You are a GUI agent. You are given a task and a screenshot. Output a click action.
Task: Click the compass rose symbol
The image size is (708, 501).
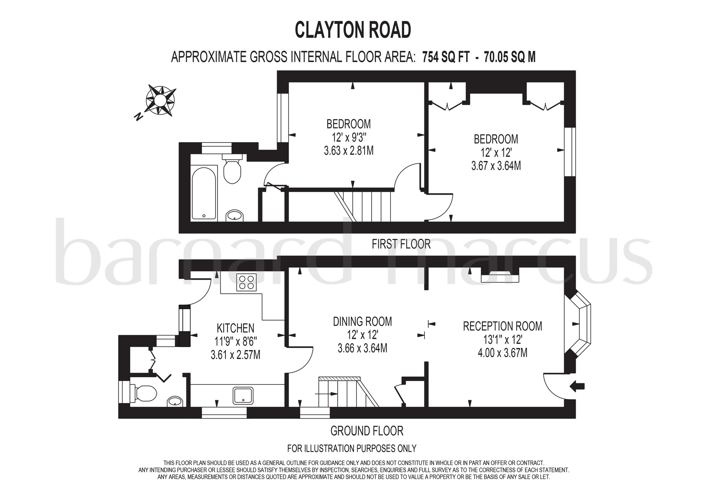[160, 100]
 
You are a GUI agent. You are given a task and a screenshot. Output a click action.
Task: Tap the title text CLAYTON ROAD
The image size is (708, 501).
[353, 30]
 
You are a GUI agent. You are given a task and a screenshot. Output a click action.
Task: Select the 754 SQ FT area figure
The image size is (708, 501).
[446, 57]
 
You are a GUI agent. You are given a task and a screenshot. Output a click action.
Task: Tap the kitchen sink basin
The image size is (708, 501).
[244, 396]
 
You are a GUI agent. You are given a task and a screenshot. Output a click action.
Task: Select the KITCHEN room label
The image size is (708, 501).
[236, 328]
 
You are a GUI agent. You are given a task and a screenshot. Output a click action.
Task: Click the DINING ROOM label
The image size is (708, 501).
[362, 322]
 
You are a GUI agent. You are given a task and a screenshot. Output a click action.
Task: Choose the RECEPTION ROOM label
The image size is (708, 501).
[502, 326]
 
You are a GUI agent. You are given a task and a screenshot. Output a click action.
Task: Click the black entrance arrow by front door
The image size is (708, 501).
[577, 386]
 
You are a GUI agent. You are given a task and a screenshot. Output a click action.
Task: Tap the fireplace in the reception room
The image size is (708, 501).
[500, 276]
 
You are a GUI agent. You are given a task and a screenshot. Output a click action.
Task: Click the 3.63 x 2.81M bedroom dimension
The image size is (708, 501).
[348, 151]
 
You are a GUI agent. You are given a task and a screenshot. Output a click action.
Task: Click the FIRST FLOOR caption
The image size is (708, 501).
[401, 244]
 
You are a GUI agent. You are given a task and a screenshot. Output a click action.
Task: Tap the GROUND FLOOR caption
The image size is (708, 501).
[367, 431]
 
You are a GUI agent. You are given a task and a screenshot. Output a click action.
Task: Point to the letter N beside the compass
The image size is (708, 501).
[139, 116]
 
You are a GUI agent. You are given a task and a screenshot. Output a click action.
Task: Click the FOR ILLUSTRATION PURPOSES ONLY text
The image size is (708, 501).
[352, 448]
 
